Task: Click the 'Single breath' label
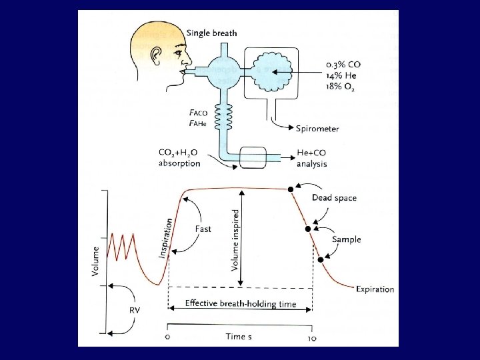coord(211,33)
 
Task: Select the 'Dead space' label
coord(334,197)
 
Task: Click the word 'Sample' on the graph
coord(346,239)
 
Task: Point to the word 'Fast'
coord(203,229)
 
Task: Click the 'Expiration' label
coord(375,289)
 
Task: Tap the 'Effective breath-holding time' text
coord(240,304)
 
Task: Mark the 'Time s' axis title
coord(238,337)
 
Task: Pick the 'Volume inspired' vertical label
coord(236,237)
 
